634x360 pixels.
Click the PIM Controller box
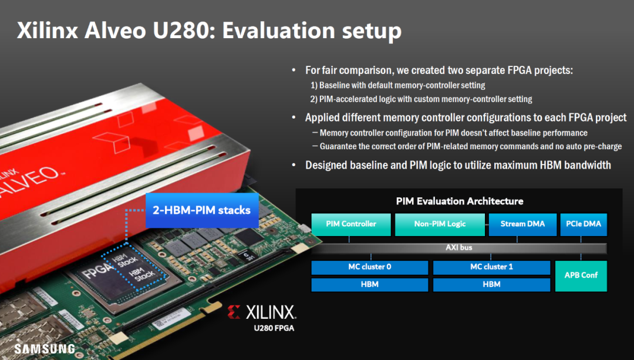coord(351,224)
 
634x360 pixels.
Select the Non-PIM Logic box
coord(440,224)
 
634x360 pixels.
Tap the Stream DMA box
coord(522,224)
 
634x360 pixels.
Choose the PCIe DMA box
coord(584,224)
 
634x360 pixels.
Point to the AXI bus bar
coord(458,248)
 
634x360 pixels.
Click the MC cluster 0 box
coord(369,267)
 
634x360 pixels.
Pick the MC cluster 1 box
coord(491,267)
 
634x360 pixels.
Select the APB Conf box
coord(581,275)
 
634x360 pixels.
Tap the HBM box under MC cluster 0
coord(369,284)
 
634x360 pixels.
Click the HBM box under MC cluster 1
coord(491,284)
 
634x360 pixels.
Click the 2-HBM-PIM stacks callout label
coord(201,210)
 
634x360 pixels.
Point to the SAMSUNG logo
coord(45,349)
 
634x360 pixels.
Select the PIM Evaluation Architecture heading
coord(459,201)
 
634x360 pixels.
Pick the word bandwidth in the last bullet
coord(587,165)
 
